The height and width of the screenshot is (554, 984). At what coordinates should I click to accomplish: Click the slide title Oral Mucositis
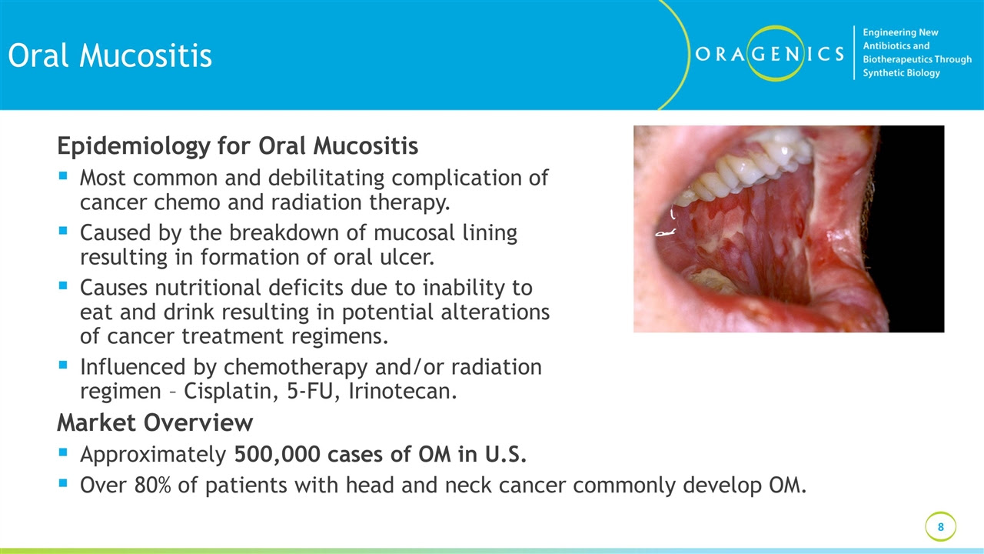[x=110, y=56]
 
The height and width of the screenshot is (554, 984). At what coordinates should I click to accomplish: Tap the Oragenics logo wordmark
[x=770, y=54]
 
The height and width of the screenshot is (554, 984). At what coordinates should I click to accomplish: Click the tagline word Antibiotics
[x=896, y=45]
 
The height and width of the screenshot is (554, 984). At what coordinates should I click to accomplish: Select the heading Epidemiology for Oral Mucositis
[x=238, y=146]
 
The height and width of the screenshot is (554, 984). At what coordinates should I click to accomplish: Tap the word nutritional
[x=211, y=288]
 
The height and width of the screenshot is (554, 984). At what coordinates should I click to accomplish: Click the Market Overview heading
[x=155, y=422]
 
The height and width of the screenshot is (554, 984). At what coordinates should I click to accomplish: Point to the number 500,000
[x=278, y=455]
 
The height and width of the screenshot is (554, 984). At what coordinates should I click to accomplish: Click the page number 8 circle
[x=940, y=527]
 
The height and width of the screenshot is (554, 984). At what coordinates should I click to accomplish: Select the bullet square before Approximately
[x=63, y=452]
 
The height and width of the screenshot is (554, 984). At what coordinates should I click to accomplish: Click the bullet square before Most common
[x=63, y=176]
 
